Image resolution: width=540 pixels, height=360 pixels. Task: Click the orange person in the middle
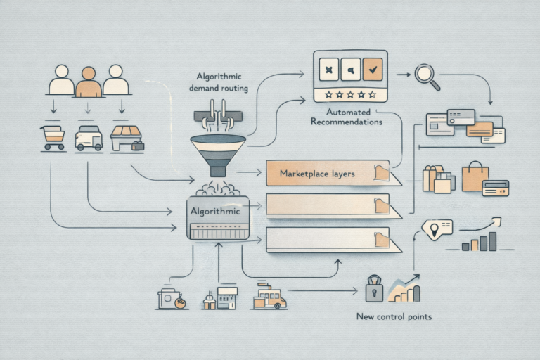coord(88,82)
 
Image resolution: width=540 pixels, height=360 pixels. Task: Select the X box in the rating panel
coord(328,69)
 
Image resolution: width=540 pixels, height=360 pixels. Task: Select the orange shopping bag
coord(475,176)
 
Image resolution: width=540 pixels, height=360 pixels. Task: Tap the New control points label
coord(394,316)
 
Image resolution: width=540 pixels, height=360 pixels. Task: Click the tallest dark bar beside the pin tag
coord(492,241)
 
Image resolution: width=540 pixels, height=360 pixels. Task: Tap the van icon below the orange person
coord(89,138)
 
